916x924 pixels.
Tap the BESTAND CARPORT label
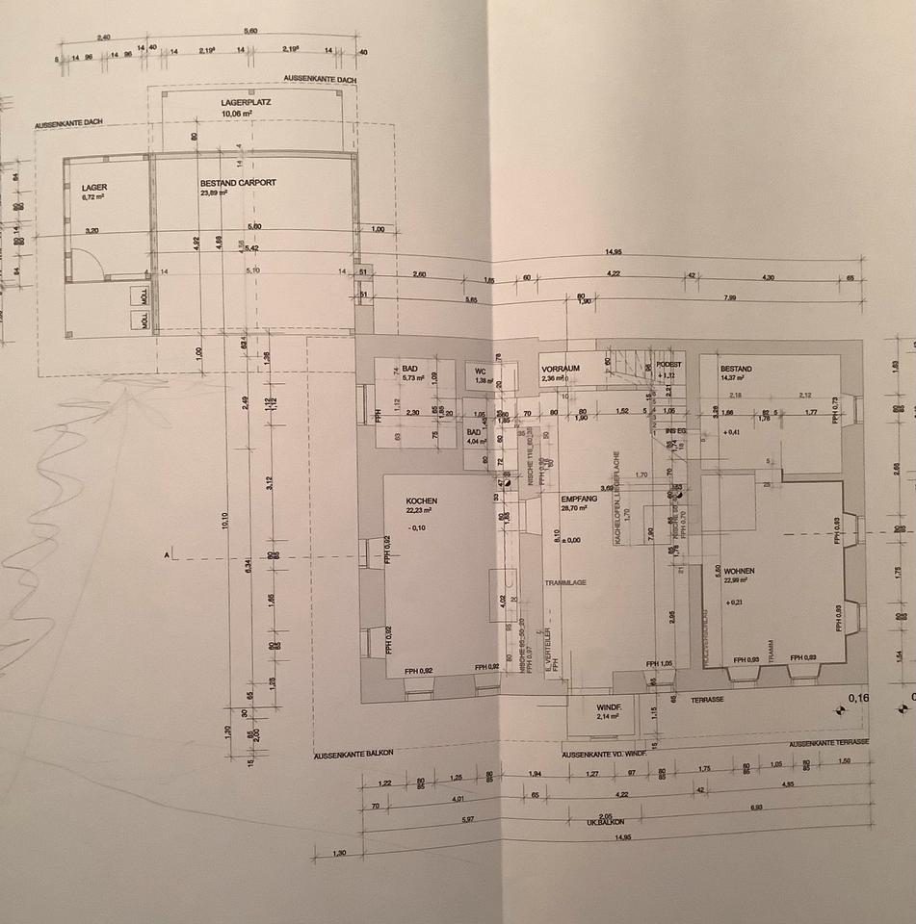(x=238, y=183)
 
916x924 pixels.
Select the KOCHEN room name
(x=423, y=502)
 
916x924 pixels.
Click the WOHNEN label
(x=740, y=571)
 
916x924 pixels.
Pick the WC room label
(x=480, y=371)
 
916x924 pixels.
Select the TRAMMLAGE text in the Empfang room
(x=565, y=582)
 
